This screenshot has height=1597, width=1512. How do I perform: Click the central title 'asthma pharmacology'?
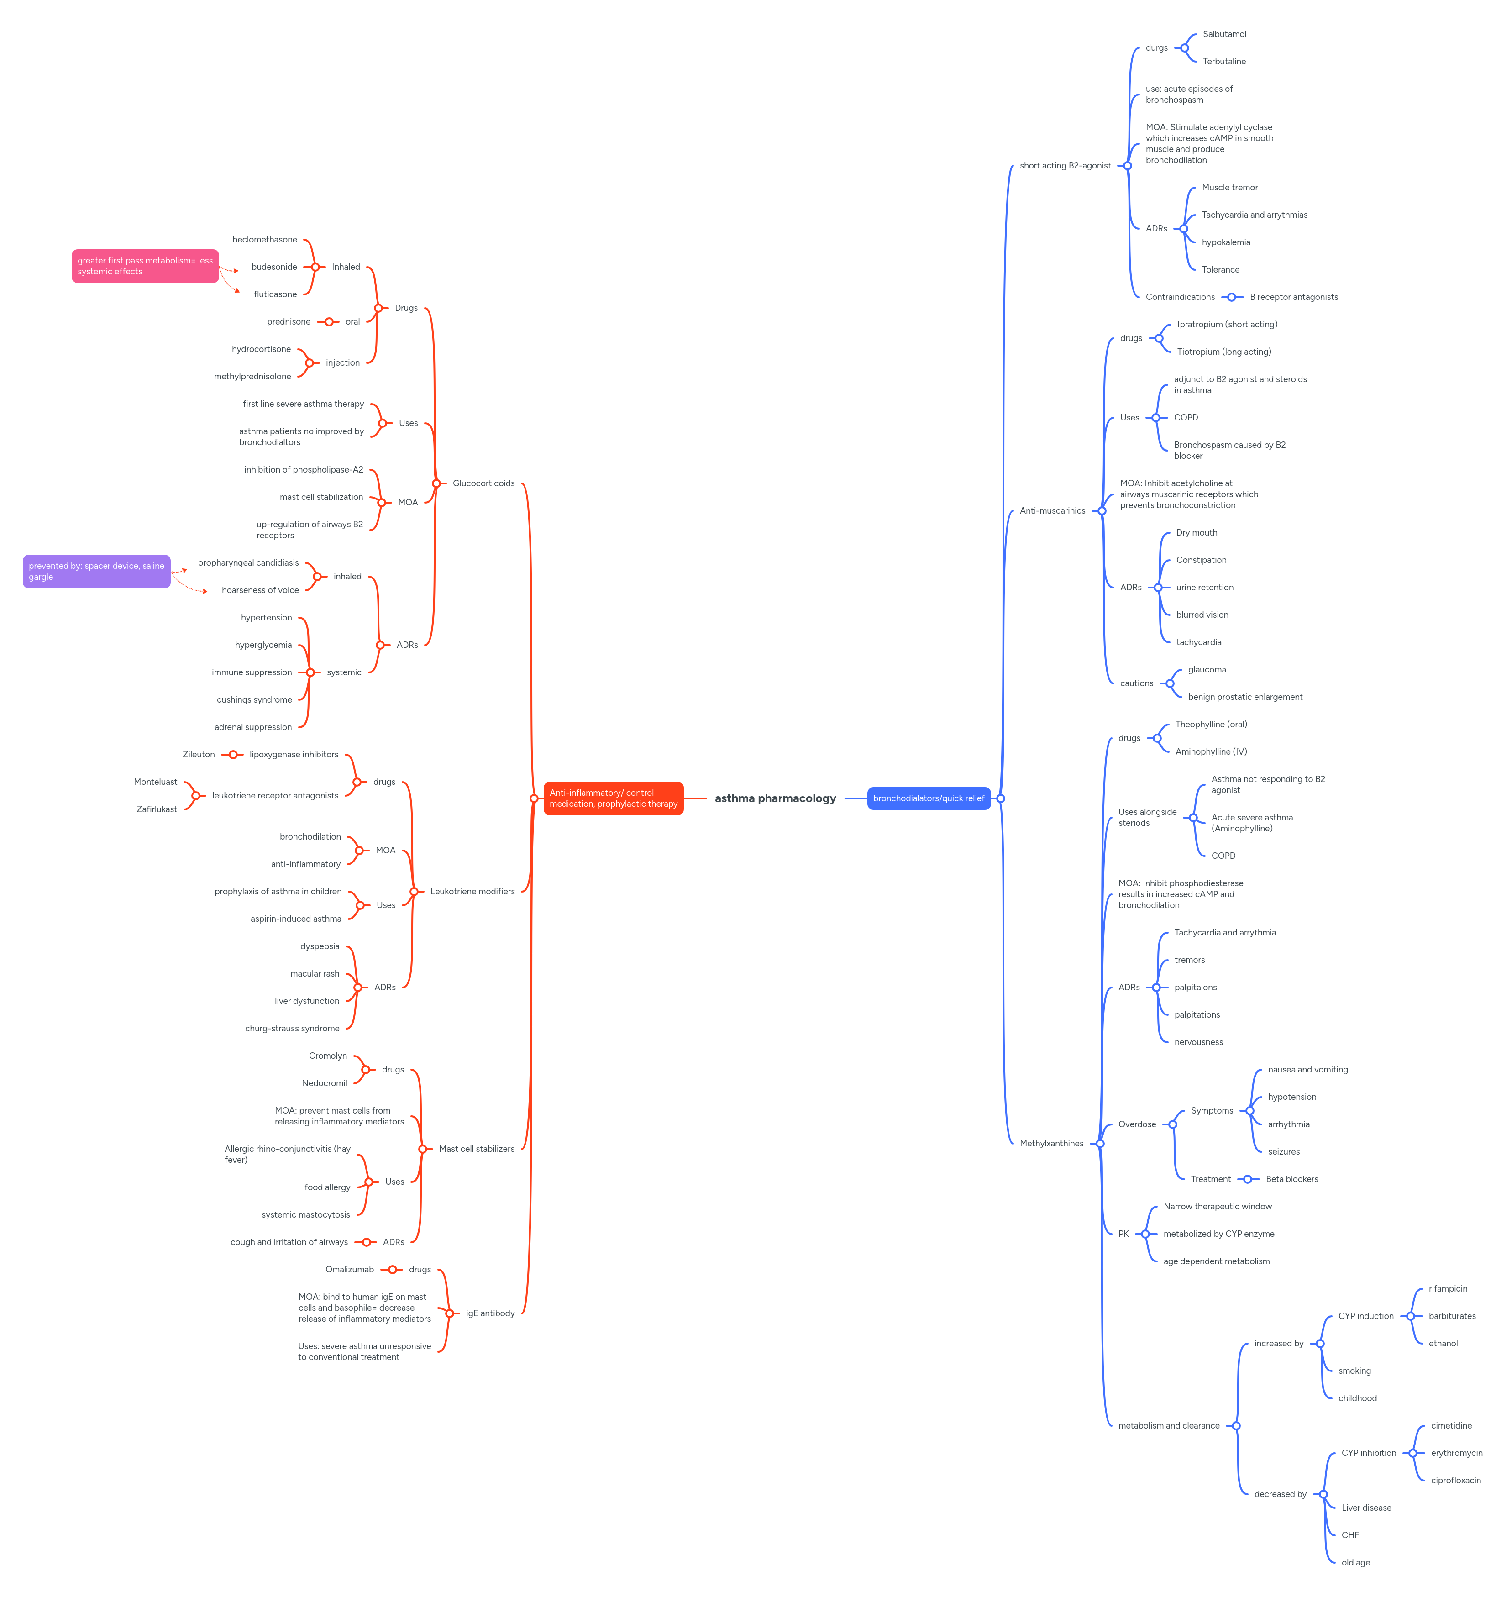(775, 798)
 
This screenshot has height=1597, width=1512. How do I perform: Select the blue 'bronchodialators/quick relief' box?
(929, 798)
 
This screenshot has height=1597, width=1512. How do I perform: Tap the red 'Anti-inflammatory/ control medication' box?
(614, 798)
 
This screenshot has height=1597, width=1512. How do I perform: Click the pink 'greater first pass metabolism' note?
(145, 266)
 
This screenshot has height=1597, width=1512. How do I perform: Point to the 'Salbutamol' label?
(1224, 34)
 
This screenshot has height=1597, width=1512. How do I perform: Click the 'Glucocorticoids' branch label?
(483, 483)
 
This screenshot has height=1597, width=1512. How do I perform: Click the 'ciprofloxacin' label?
(1455, 1480)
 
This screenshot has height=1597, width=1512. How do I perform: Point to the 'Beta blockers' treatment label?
(1292, 1179)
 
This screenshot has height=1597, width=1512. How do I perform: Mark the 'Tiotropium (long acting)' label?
(1223, 352)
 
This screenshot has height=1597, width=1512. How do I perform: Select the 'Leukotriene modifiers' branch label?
(472, 892)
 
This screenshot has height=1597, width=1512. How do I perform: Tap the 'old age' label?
(1356, 1562)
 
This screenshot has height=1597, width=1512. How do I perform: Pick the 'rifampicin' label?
(1448, 1289)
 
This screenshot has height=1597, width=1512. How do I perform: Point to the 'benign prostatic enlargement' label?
(1244, 697)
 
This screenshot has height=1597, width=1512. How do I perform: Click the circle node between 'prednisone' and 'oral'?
(329, 322)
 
